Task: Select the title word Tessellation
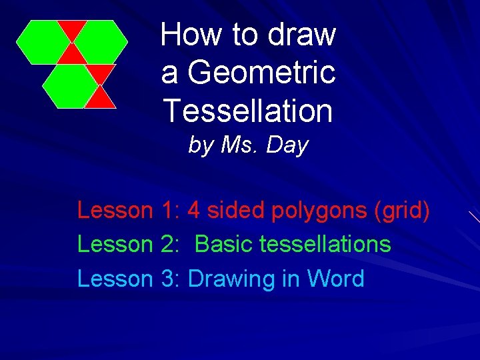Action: [248, 111]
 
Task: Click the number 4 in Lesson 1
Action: [194, 211]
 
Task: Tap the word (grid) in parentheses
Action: [402, 211]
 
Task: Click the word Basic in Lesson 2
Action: [224, 244]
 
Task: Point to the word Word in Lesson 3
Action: [335, 279]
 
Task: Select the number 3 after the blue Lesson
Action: [167, 279]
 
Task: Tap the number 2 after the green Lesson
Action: [167, 244]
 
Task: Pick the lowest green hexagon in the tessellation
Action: [70, 86]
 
